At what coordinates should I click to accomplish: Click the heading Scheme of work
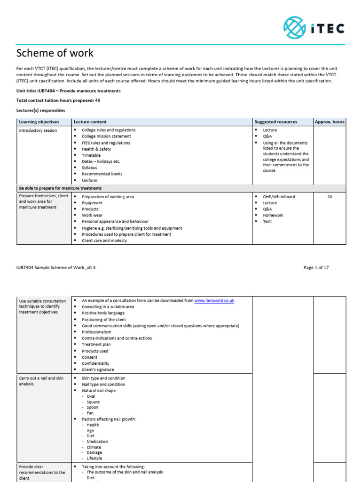(x=55, y=53)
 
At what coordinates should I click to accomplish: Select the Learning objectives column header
(x=39, y=122)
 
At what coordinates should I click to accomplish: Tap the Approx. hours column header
(x=330, y=122)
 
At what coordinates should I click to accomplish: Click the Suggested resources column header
(x=275, y=122)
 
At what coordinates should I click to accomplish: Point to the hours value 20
(x=330, y=197)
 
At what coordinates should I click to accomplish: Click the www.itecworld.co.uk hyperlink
(x=214, y=300)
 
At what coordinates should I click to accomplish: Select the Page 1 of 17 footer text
(x=316, y=267)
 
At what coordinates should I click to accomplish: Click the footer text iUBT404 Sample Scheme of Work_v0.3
(x=59, y=267)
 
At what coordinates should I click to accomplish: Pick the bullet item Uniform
(x=90, y=180)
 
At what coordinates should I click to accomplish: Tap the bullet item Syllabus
(x=89, y=168)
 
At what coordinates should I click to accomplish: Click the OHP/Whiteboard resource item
(x=279, y=197)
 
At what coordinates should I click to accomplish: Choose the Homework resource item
(x=273, y=216)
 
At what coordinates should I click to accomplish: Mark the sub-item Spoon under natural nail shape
(x=93, y=408)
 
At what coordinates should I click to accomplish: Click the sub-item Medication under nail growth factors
(x=97, y=442)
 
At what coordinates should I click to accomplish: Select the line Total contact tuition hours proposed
(x=58, y=100)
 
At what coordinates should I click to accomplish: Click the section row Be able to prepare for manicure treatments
(x=60, y=188)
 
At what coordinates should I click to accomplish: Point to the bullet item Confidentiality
(x=95, y=363)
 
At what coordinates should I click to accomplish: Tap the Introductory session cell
(x=38, y=130)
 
